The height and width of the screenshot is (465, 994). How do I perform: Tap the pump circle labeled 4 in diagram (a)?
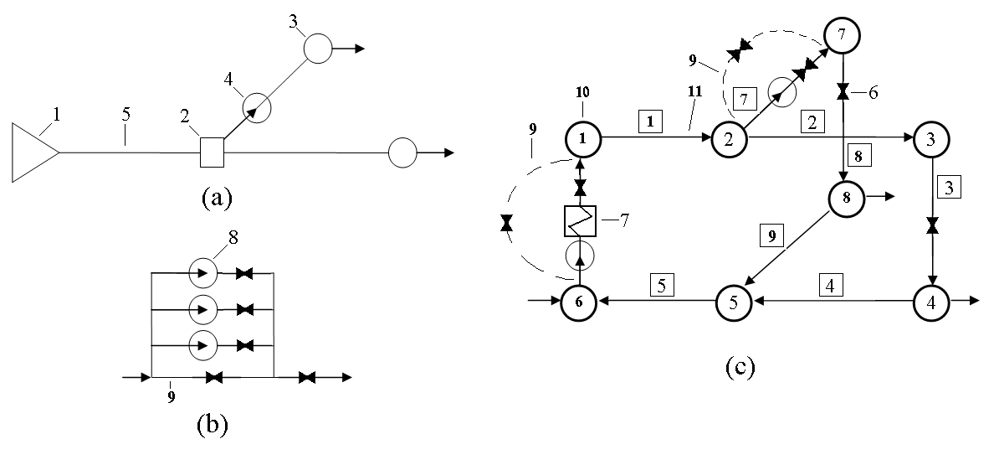258,107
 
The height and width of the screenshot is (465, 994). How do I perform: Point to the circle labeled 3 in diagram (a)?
318,48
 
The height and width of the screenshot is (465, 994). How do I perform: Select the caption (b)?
210,424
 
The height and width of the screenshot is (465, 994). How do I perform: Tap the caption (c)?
738,367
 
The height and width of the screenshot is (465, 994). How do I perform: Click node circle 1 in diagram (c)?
581,137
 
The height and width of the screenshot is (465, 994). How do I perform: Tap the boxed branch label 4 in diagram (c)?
830,284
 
